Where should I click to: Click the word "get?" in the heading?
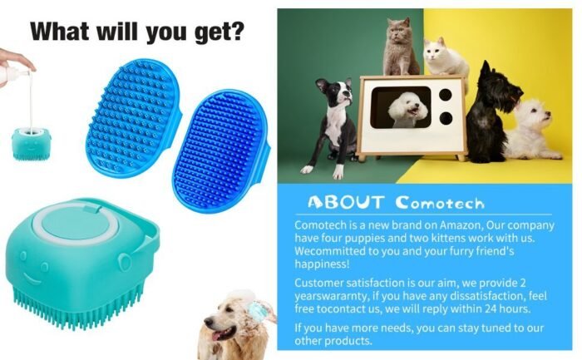pyautogui.click(x=219, y=32)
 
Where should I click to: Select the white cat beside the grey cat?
pyautogui.click(x=446, y=57)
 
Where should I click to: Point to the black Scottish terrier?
pyautogui.click(x=489, y=111)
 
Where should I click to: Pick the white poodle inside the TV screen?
pyautogui.click(x=407, y=110)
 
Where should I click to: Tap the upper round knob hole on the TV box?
pyautogui.click(x=446, y=95)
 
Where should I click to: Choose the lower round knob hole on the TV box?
pyautogui.click(x=446, y=118)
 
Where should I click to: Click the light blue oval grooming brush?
pyautogui.click(x=134, y=118)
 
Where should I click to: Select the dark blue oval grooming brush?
pyautogui.click(x=221, y=150)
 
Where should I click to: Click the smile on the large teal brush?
pyautogui.click(x=32, y=279)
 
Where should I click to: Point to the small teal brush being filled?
pyautogui.click(x=32, y=144)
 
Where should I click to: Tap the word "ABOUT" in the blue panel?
pyautogui.click(x=345, y=203)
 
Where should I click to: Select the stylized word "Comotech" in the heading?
pyautogui.click(x=440, y=203)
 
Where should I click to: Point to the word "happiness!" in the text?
pyautogui.click(x=323, y=264)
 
